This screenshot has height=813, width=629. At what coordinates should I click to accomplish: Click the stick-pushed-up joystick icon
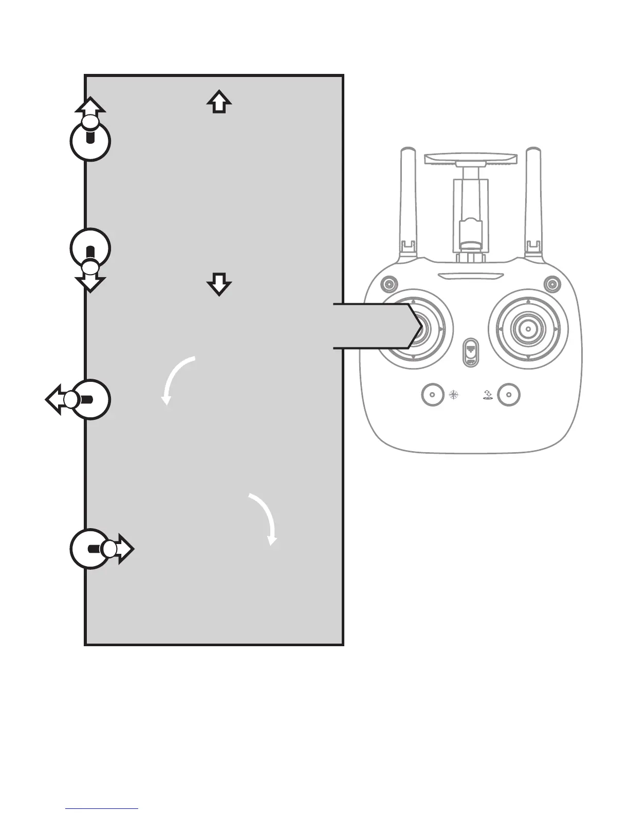90,136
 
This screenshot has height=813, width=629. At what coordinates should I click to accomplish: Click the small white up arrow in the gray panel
219,102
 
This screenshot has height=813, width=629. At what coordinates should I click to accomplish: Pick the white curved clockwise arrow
264,519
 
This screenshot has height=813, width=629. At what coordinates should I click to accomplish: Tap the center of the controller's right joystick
528,327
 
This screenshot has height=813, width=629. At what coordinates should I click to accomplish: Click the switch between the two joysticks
470,352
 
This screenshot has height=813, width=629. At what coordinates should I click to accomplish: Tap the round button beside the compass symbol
432,395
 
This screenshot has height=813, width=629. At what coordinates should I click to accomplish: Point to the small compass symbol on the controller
454,395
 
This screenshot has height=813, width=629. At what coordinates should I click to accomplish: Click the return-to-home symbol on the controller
488,395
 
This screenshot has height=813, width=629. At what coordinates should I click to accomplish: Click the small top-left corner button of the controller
389,283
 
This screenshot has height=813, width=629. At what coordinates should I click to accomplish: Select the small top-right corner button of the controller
552,283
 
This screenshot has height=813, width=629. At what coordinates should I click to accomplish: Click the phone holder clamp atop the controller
470,160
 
